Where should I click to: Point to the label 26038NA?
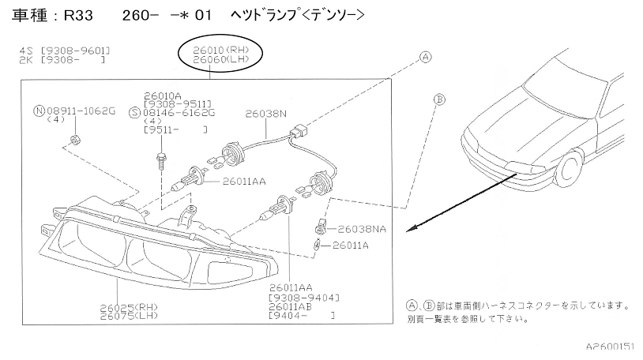click(x=361, y=229)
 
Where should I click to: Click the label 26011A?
click(x=351, y=245)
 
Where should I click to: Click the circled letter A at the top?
click(x=424, y=57)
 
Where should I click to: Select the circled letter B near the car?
click(x=439, y=99)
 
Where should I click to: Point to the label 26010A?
click(x=163, y=95)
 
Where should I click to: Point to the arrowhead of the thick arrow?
click(x=408, y=229)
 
